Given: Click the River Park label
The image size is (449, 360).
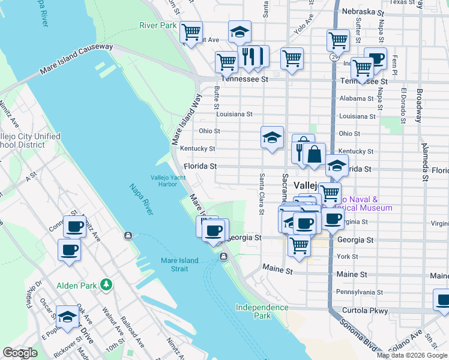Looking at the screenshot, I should click(x=158, y=25).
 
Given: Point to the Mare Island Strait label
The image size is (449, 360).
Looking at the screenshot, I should click(x=182, y=265).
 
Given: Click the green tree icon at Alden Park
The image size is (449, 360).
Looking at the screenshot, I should click(x=106, y=283).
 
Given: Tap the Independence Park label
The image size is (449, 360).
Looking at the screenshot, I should click(x=262, y=311).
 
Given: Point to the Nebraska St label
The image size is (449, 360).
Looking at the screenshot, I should click(x=362, y=11).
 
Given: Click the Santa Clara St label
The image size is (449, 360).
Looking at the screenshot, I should click(x=262, y=194).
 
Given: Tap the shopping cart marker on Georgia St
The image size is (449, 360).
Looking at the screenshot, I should click(x=299, y=244).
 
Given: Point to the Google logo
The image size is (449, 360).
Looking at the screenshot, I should click(x=20, y=353).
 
